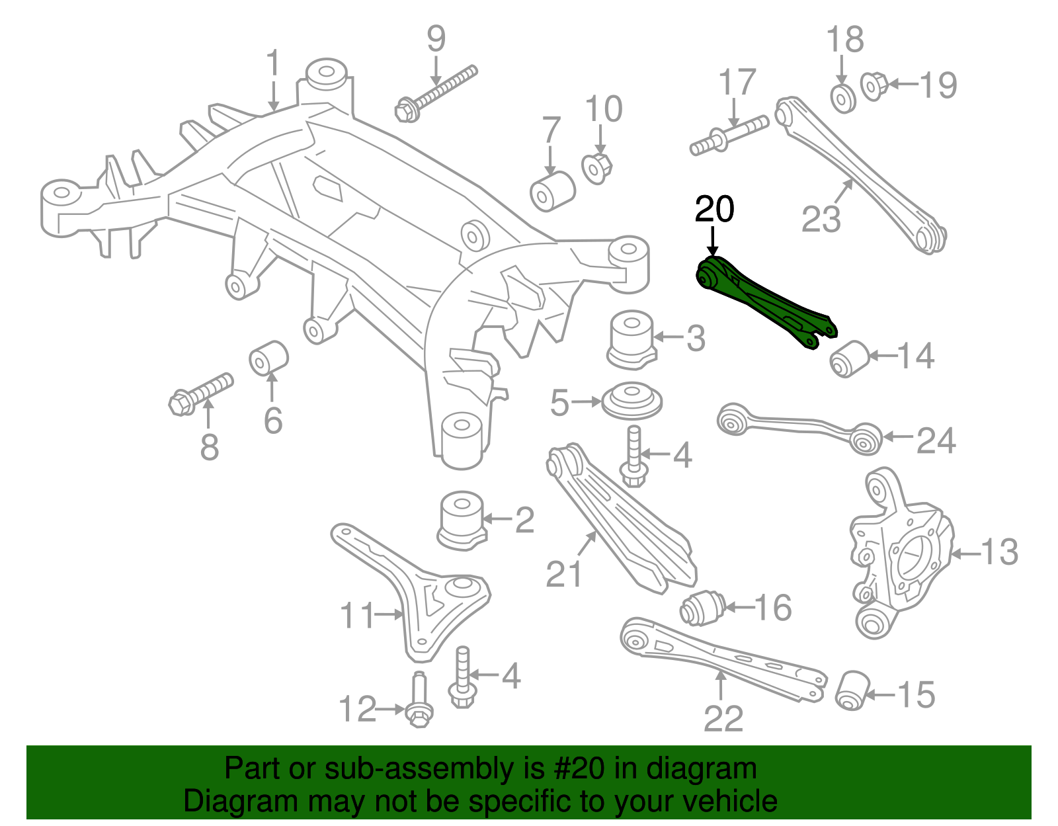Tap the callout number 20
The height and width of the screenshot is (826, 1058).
click(x=714, y=210)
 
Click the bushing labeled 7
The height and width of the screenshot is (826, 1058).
click(x=553, y=190)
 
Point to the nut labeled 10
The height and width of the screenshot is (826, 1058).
click(x=598, y=167)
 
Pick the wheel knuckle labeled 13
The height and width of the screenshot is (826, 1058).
click(x=899, y=556)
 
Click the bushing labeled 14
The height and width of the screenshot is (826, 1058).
click(x=848, y=358)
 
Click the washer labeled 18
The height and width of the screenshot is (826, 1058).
click(x=842, y=99)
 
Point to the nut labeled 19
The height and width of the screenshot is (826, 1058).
click(x=874, y=86)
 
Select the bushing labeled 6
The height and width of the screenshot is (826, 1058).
click(x=268, y=357)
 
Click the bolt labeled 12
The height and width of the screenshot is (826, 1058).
click(x=418, y=704)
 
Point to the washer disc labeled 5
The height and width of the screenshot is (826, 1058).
click(x=631, y=401)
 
